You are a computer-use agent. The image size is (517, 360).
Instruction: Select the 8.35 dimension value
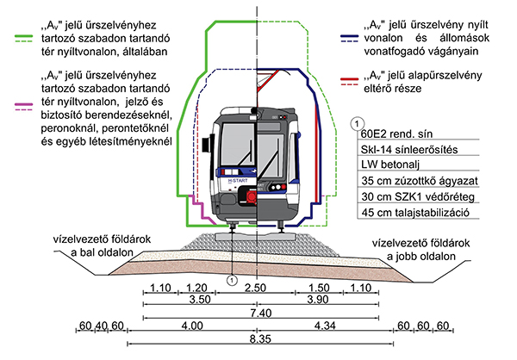click(256, 340)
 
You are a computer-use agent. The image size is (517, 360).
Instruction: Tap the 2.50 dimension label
click(256, 286)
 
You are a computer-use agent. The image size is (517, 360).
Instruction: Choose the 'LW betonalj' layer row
click(389, 165)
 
